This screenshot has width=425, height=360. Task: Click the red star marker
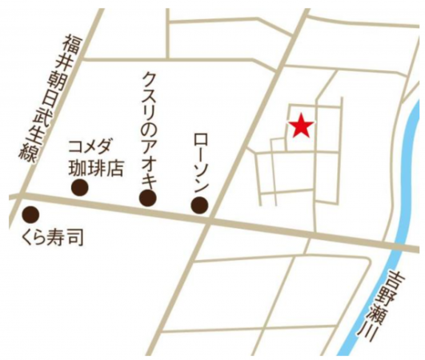pyautogui.click(x=300, y=126)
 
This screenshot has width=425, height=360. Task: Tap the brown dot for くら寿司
pyautogui.click(x=31, y=214)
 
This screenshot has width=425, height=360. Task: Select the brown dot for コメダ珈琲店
pyautogui.click(x=79, y=187)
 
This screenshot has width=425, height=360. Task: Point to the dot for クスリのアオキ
pyautogui.click(x=148, y=198)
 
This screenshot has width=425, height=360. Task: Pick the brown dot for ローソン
pyautogui.click(x=199, y=206)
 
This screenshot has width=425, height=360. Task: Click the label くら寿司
pyautogui.click(x=50, y=238)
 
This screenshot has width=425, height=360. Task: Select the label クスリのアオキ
pyautogui.click(x=149, y=127)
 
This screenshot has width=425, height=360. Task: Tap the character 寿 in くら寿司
pyautogui.click(x=58, y=238)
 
